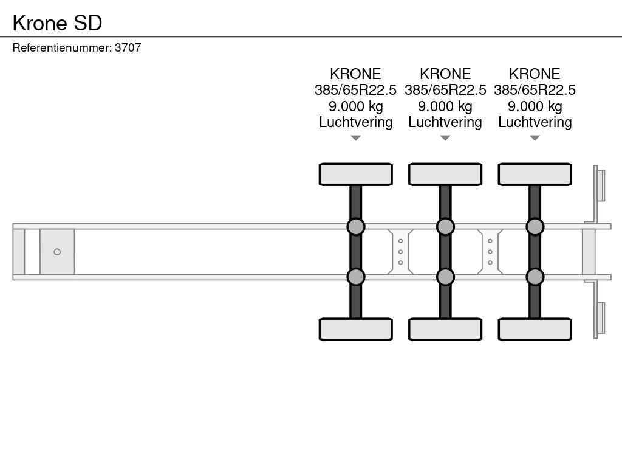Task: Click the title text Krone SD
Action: pos(58,22)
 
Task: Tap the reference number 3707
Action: pos(128,47)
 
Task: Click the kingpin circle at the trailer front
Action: pos(57,252)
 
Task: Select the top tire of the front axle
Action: pos(356,175)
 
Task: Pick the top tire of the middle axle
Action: pos(445,175)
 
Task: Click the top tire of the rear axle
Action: pos(535,175)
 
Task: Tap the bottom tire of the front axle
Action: pos(356,329)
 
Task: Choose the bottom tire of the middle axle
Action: pos(445,329)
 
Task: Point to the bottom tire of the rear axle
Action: pos(535,329)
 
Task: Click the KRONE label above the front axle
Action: pos(356,74)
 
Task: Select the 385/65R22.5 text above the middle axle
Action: pos(445,90)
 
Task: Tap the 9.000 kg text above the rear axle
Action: pos(535,106)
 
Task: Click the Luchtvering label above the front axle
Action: pos(356,122)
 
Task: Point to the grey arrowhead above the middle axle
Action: pos(445,138)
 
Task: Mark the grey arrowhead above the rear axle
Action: pos(535,138)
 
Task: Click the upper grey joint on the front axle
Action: pos(356,227)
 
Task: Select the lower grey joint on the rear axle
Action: pos(535,277)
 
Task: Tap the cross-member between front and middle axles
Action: pos(401,252)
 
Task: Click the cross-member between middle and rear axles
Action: pos(490,252)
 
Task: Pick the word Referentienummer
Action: pos(62,47)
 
